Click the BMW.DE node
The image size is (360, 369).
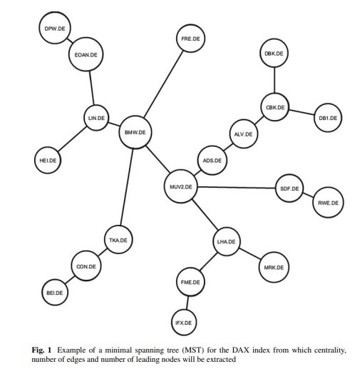pos(135,132)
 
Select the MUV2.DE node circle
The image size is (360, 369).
pos(180,186)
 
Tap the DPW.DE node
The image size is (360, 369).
pos(55,28)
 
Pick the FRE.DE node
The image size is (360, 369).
pos(190,39)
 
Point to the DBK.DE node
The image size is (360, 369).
pos(274,53)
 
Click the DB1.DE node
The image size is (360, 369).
pos(328,118)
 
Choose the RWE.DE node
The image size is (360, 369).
pos(328,203)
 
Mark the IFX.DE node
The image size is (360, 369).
pos(184,323)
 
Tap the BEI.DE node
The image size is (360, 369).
pos(55,293)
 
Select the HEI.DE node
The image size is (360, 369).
pos(48,160)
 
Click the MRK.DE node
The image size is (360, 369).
pos(274,267)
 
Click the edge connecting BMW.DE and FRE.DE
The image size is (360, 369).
pos(164,84)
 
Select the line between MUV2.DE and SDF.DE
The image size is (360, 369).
pos(236,188)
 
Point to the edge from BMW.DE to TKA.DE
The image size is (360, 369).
pos(127,187)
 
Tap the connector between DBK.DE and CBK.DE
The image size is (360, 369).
pos(274,80)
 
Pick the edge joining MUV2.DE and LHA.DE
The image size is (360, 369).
pos(205,215)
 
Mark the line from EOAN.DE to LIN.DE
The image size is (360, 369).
pos(91,88)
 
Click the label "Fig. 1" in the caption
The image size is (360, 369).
pos(41,350)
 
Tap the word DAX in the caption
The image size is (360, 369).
pos(240,350)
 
